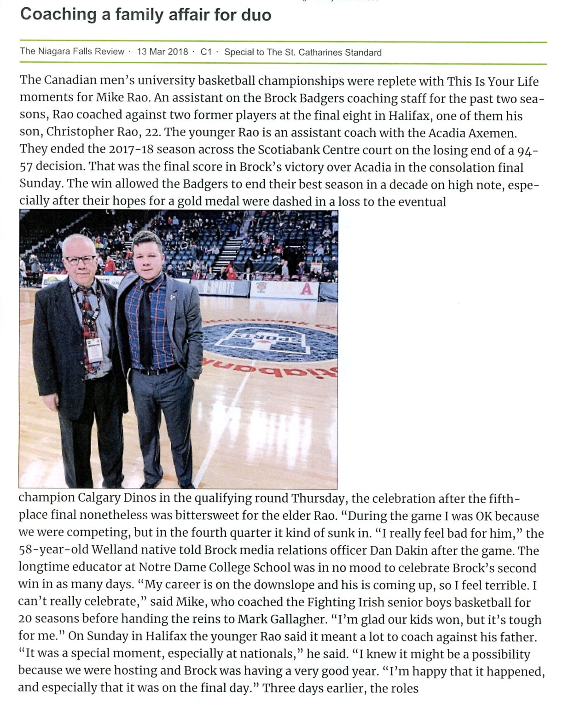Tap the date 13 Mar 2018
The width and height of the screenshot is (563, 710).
click(x=163, y=52)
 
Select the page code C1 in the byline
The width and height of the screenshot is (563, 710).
click(x=206, y=52)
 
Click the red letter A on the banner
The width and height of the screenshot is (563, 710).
click(x=307, y=289)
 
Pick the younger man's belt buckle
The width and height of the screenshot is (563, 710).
click(x=148, y=371)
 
